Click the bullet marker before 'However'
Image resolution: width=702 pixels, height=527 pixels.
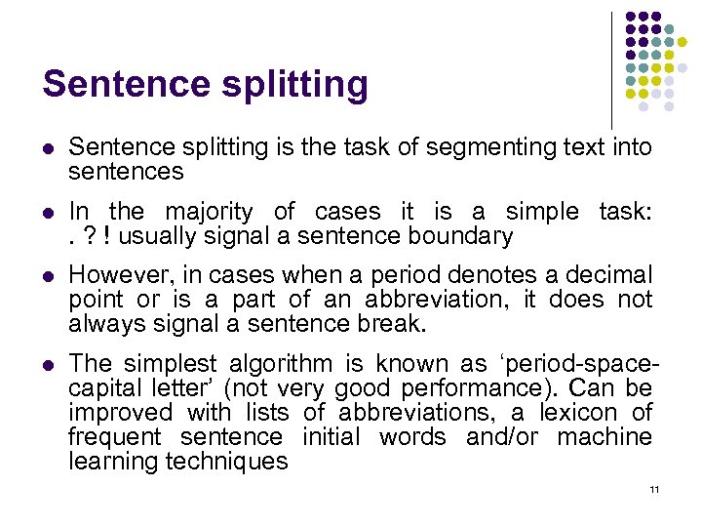pos(49,276)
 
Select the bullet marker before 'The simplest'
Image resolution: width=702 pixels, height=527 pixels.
pos(49,365)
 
